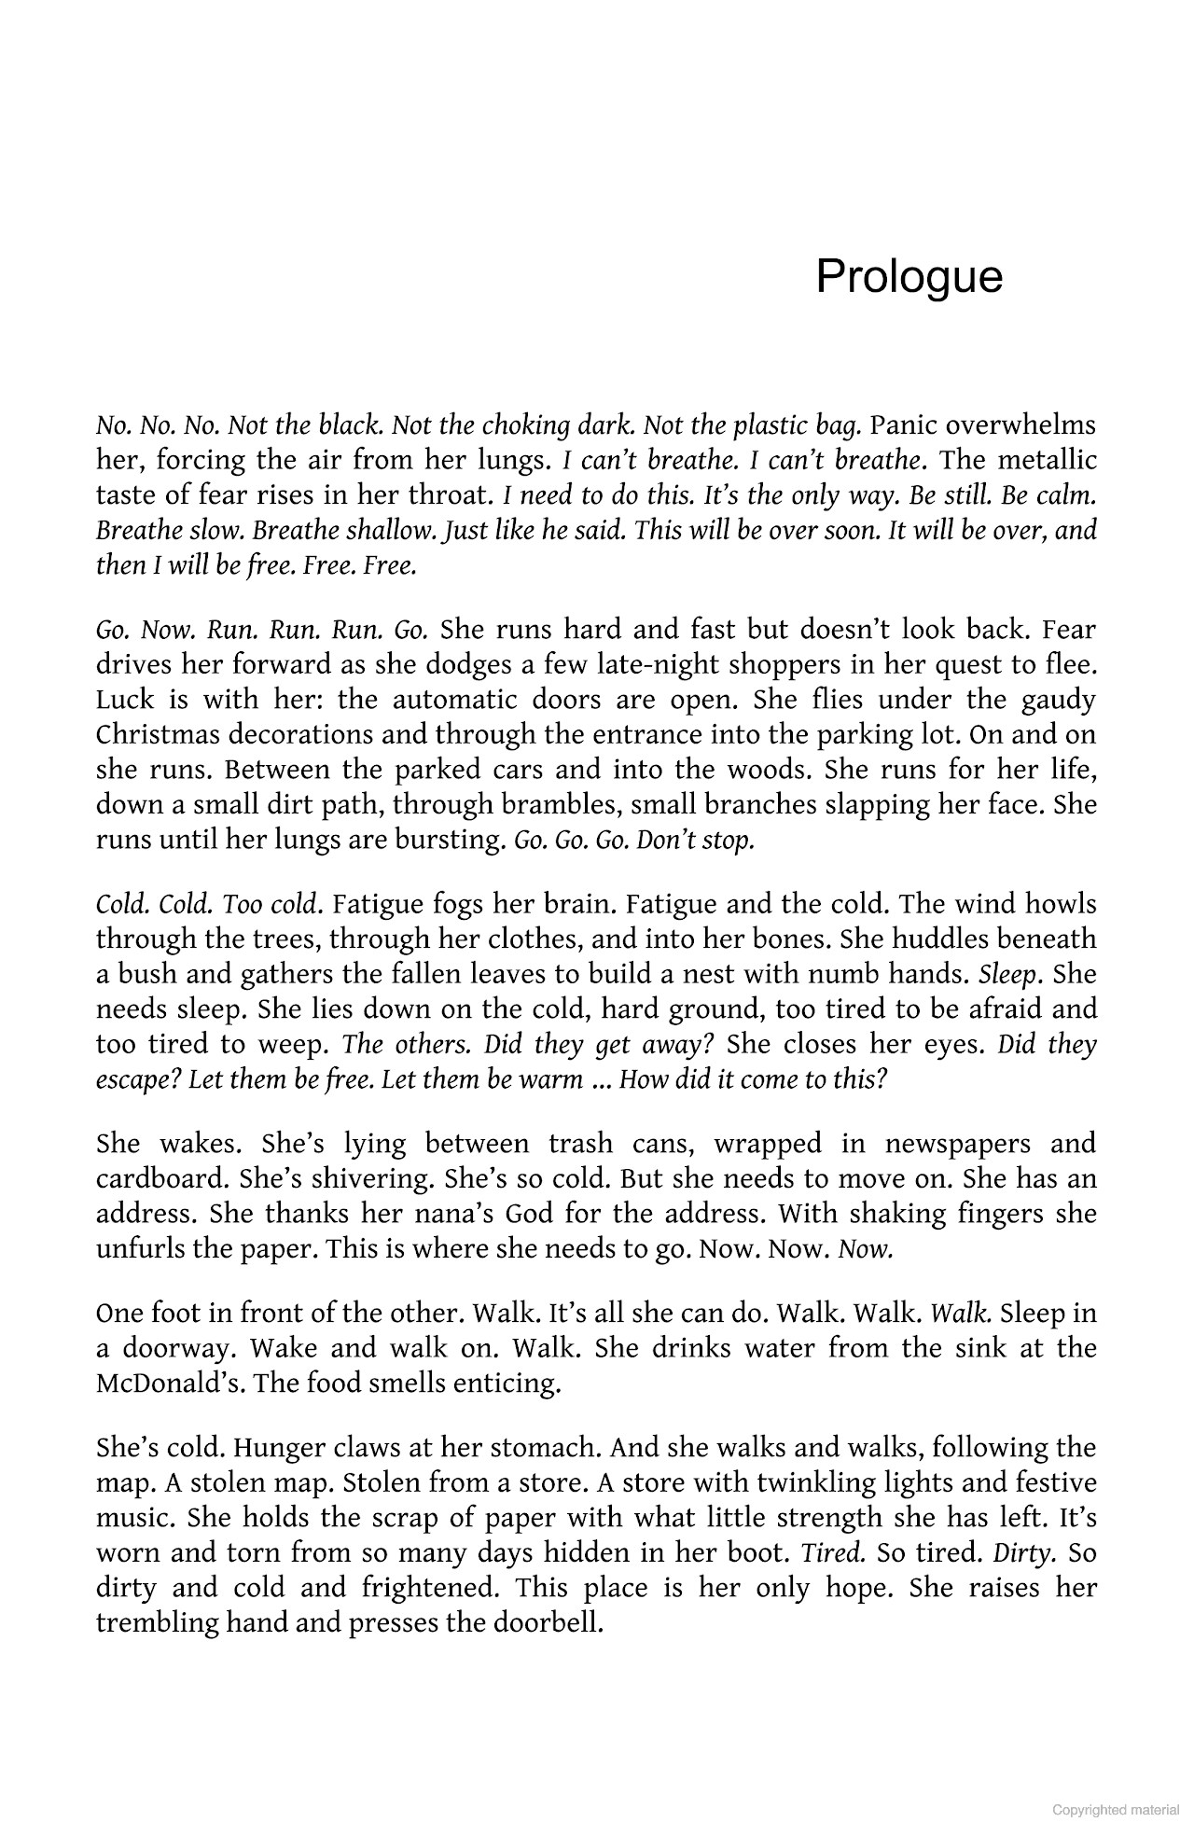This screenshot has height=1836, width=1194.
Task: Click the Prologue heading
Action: [909, 276]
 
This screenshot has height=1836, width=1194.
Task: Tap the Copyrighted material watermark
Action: [1116, 1810]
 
